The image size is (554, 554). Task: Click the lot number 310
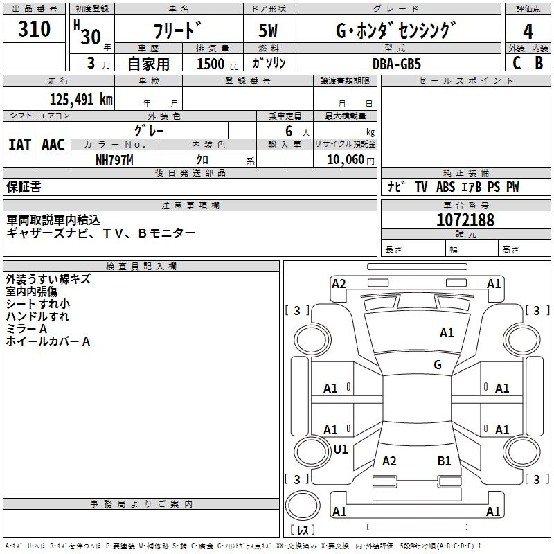coord(34,28)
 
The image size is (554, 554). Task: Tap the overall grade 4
coord(528,32)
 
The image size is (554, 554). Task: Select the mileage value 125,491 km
coord(81,100)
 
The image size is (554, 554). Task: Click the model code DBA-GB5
coord(397,64)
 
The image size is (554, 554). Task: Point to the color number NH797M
coord(114,160)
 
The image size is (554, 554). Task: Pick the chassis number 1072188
coord(465,220)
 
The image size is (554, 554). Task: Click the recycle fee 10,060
coord(346,160)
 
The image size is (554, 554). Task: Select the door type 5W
coord(268,30)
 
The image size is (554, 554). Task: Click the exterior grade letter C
coord(517,63)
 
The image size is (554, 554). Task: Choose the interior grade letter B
coord(539,63)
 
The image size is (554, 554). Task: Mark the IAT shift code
coord(20,145)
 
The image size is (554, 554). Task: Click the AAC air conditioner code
coord(53,145)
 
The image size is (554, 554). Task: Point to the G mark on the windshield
coord(438,365)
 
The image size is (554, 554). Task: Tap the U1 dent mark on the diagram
coord(341,449)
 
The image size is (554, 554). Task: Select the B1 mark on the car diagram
coord(444,461)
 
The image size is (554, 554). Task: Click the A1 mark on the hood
coord(447,333)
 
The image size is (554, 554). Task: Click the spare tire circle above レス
coord(303,506)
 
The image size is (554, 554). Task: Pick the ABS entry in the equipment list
coord(445,187)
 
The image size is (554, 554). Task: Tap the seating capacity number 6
coord(289,131)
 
